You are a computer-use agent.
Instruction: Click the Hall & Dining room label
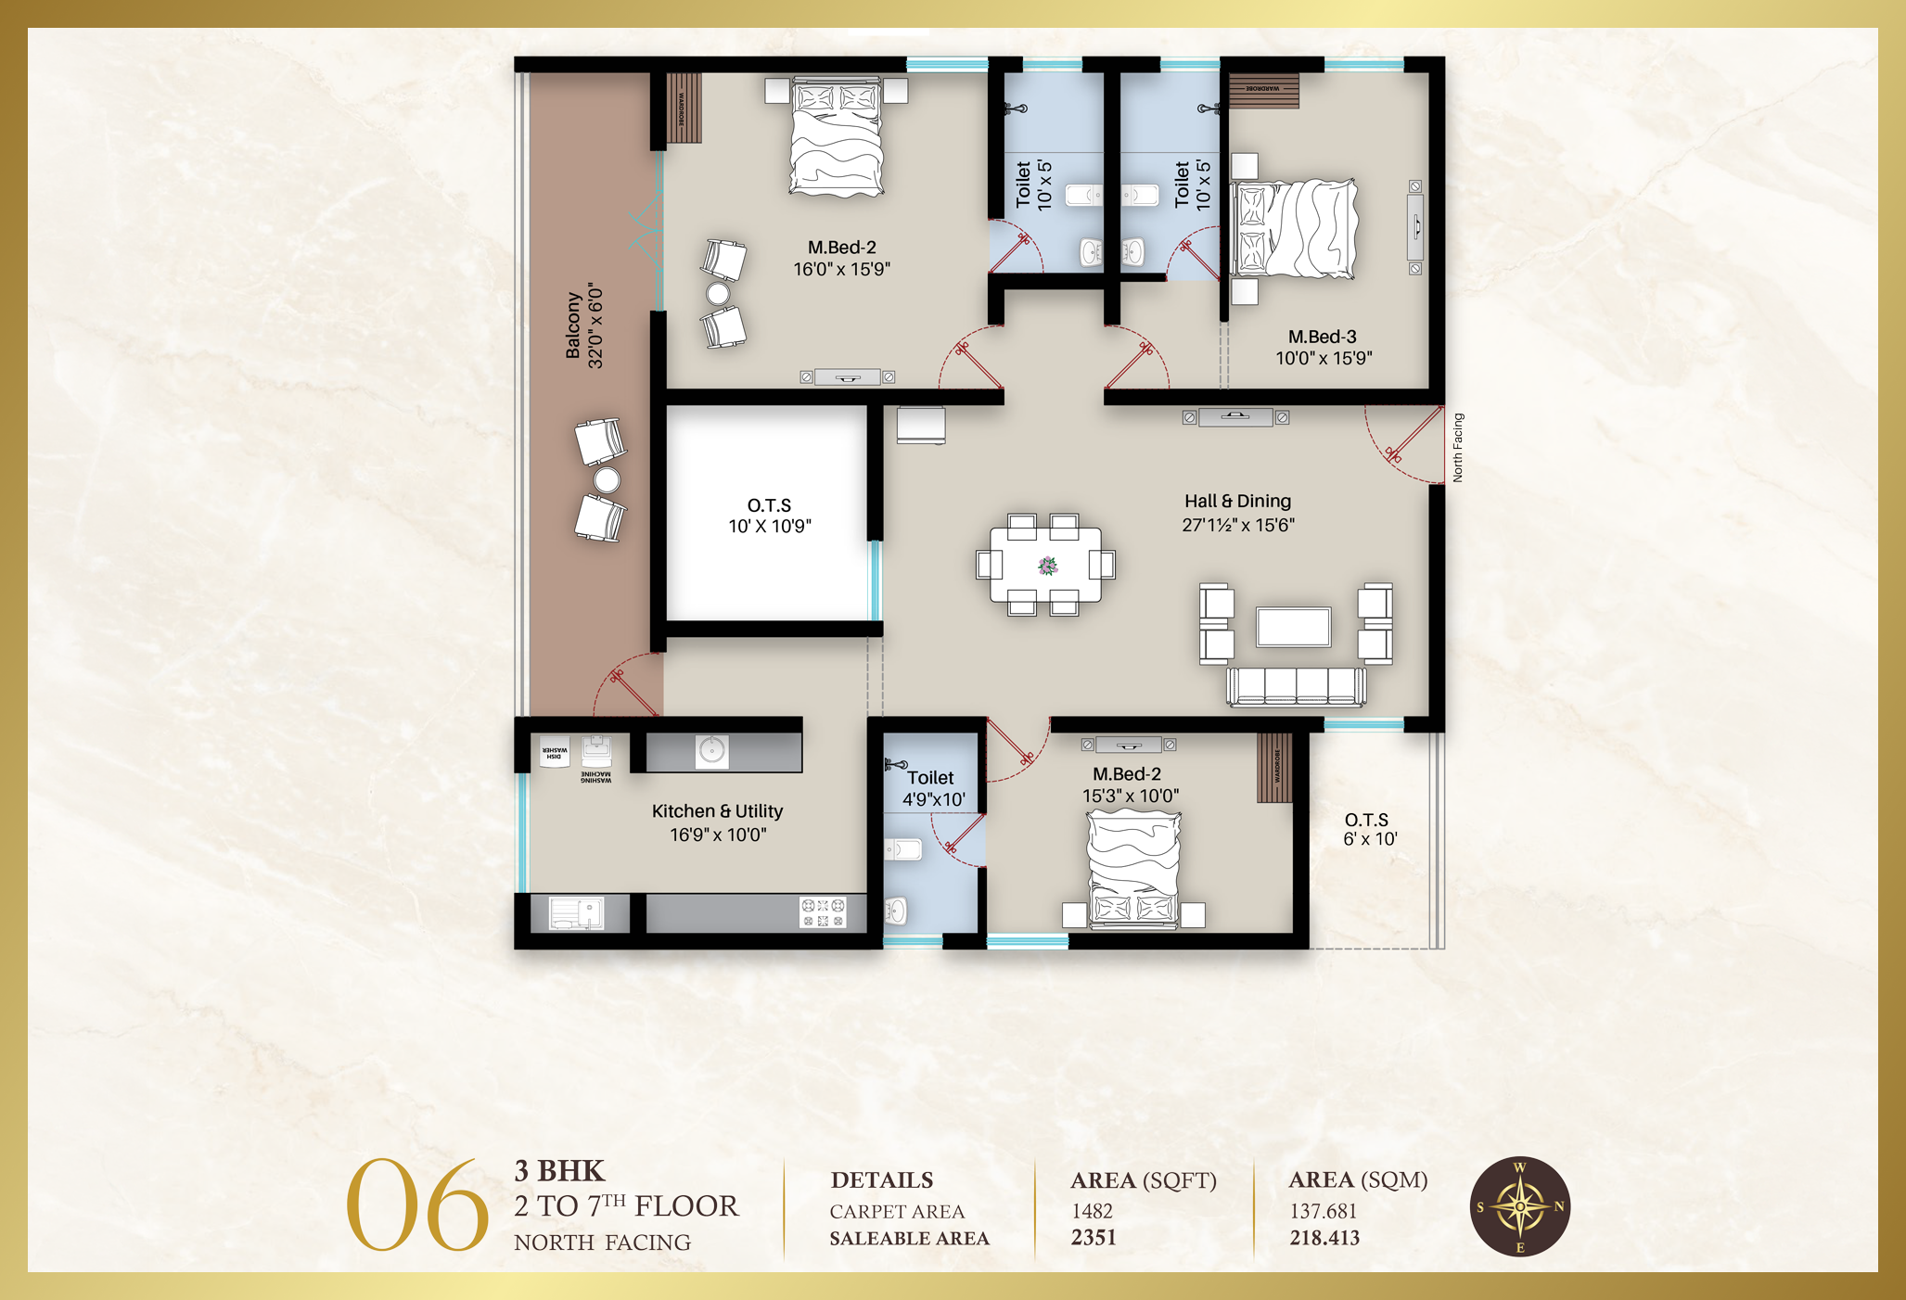pos(1237,513)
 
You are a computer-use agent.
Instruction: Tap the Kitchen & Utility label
pos(717,822)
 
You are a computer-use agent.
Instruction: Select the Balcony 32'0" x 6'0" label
pos(584,325)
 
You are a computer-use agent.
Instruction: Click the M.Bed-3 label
pos(1323,347)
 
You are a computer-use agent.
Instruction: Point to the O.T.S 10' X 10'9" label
pos(769,516)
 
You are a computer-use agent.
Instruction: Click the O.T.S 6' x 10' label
pos(1369,829)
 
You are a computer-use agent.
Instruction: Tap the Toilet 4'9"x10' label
pos(932,788)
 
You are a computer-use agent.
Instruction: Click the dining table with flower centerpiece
pos(1045,565)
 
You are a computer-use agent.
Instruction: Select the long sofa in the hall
pos(1296,686)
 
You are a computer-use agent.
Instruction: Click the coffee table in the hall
pos(1293,627)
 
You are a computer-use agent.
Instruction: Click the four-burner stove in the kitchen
pos(823,911)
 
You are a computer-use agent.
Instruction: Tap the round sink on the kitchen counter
pos(712,750)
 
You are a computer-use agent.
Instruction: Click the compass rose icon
pos(1519,1206)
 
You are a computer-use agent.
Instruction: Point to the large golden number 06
pos(416,1205)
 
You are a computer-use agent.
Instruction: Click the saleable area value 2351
pos(1094,1238)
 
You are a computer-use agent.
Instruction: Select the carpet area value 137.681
pos(1323,1211)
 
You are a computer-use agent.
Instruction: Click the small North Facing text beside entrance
pos(1457,447)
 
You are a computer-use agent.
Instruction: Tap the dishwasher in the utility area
pos(555,751)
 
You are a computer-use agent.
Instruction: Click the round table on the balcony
pos(607,479)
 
